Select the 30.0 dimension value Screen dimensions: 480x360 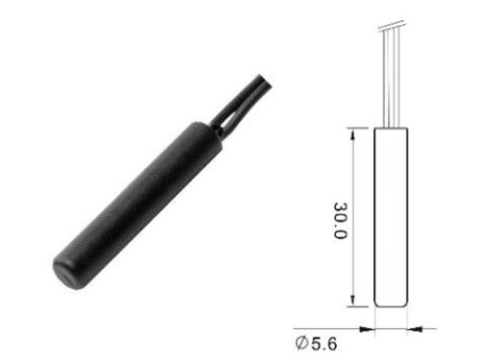pyautogui.click(x=340, y=221)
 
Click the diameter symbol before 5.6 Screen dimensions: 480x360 pyautogui.click(x=301, y=343)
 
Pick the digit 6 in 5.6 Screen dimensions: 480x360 pyautogui.click(x=331, y=344)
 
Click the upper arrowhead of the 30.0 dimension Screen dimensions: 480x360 pyautogui.click(x=352, y=133)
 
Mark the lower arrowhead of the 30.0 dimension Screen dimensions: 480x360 pyautogui.click(x=352, y=300)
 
